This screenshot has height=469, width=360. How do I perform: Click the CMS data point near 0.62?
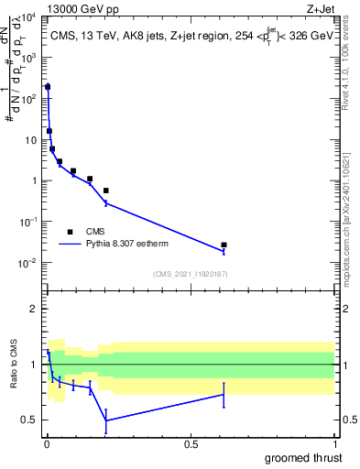224,245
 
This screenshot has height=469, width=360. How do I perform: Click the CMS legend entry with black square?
71,232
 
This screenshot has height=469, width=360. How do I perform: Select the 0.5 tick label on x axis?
191,443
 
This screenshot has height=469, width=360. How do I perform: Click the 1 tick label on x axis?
334,443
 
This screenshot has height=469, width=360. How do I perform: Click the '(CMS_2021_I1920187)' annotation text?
190,274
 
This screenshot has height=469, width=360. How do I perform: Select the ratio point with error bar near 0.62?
224,395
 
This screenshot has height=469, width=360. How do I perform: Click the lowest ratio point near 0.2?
106,420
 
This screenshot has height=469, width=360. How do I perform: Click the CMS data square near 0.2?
106,191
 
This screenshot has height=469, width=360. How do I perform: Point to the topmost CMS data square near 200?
48,87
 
